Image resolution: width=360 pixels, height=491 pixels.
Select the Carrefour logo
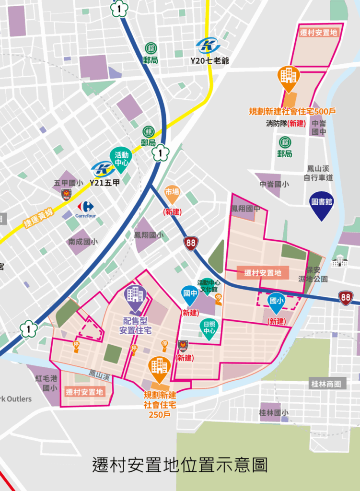(x=85, y=209)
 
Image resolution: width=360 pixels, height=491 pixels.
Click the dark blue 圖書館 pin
(x=321, y=204)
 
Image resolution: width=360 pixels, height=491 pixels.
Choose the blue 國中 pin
(x=190, y=295)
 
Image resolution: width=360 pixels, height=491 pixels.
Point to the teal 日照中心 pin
(x=209, y=328)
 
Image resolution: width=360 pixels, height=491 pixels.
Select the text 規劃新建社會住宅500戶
(x=292, y=111)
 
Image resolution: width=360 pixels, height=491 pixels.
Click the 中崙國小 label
(x=274, y=184)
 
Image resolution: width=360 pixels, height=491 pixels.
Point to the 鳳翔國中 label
(x=245, y=209)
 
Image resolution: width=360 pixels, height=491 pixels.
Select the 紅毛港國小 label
(x=46, y=383)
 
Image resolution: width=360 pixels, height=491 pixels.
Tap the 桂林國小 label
(x=274, y=412)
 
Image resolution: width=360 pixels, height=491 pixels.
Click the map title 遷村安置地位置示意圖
(x=180, y=465)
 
